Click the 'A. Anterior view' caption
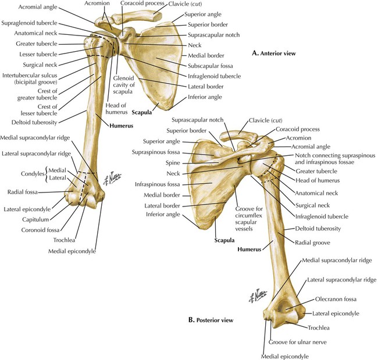tap(274, 54)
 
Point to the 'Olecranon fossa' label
tap(334, 299)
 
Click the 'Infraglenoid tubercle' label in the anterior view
tap(213, 76)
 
